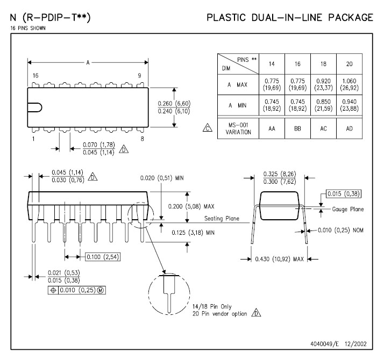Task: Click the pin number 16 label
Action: point(35,76)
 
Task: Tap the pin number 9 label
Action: point(139,76)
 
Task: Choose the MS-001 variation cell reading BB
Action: point(298,129)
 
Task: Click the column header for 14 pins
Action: point(272,64)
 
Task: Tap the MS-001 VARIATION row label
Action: point(239,129)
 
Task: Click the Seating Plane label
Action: point(222,219)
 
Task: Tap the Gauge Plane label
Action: point(347,208)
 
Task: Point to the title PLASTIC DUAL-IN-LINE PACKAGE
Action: point(290,18)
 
